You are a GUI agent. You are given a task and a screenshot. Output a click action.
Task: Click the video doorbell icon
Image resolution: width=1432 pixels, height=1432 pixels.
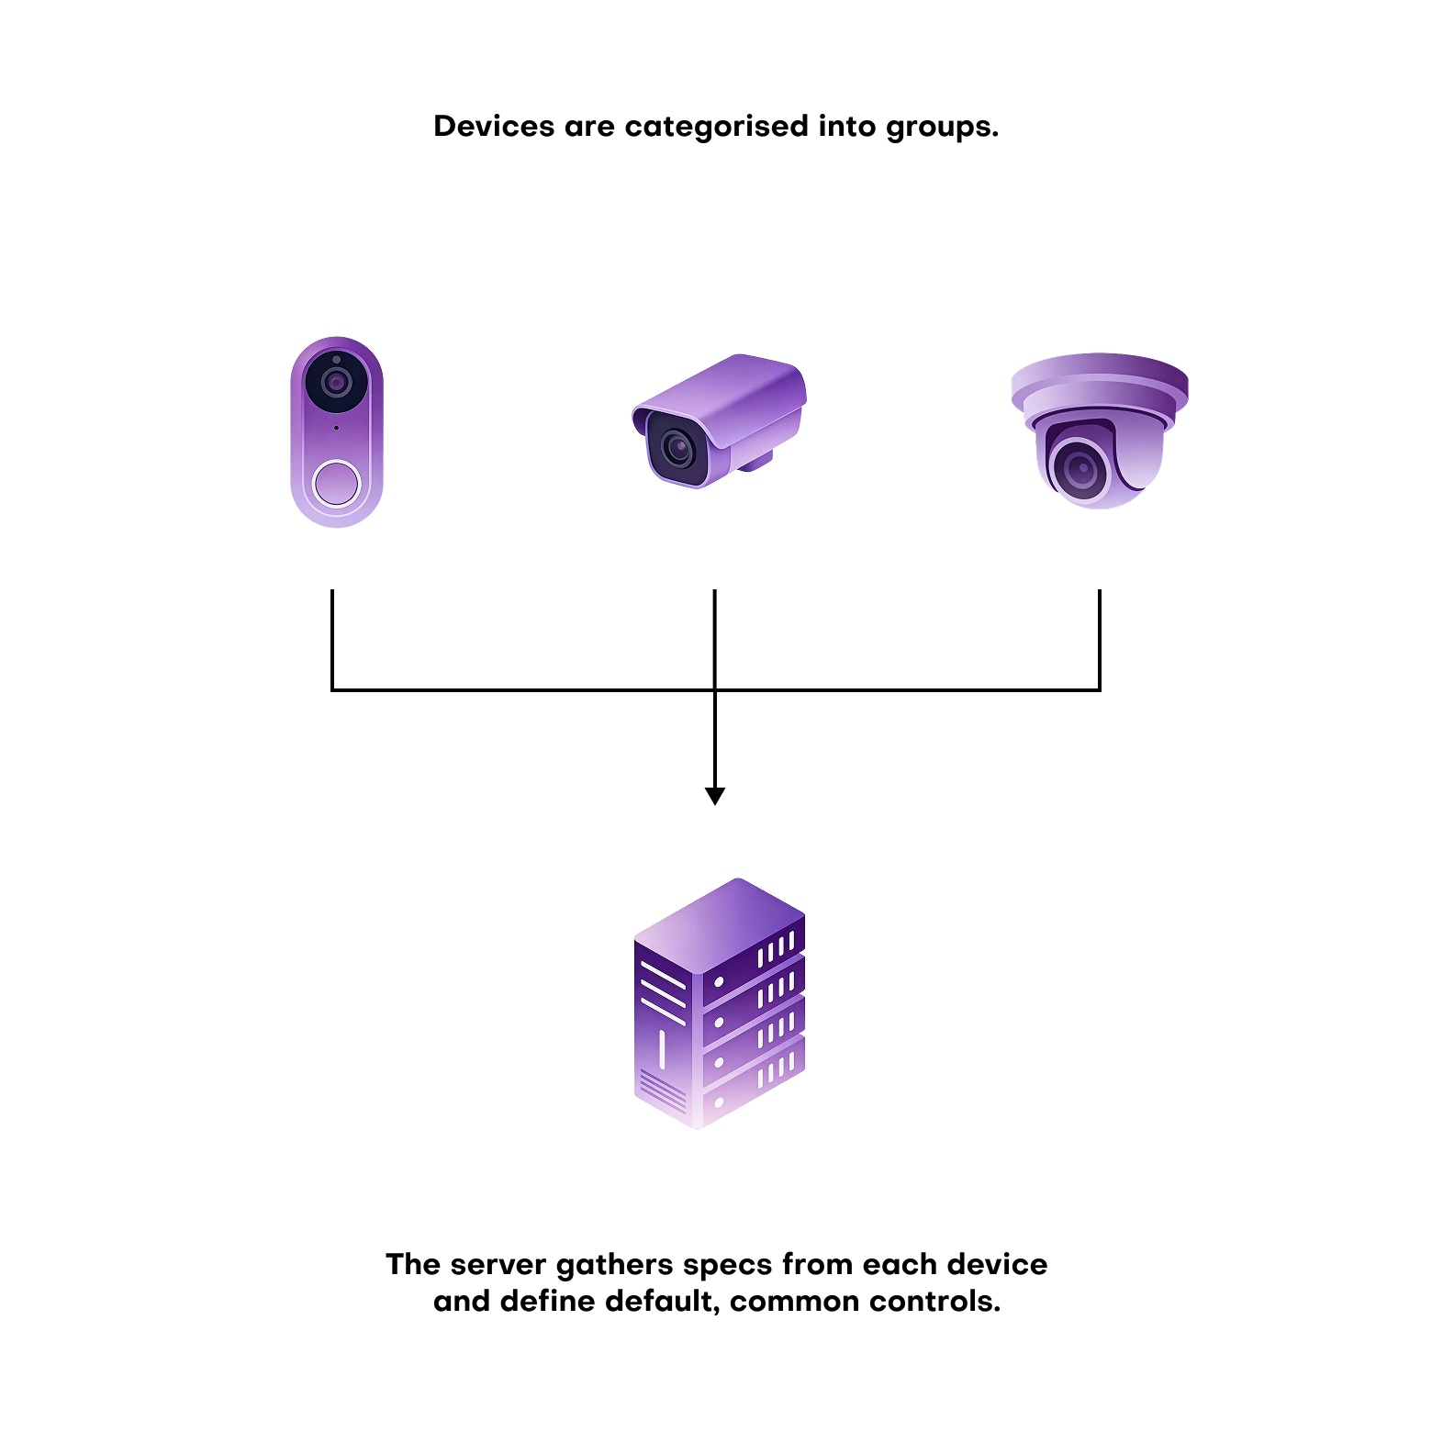[337, 431]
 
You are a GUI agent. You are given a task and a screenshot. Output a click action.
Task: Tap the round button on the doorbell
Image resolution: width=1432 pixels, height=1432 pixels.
[337, 483]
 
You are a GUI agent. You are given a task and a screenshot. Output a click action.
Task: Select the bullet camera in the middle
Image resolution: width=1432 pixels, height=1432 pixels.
[720, 420]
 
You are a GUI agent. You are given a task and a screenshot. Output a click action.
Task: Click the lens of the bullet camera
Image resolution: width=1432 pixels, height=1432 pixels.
[678, 449]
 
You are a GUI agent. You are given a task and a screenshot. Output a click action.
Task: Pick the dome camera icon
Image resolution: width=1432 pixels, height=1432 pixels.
[1099, 429]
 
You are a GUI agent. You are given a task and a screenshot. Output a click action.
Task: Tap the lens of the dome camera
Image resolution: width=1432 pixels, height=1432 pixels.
[1080, 469]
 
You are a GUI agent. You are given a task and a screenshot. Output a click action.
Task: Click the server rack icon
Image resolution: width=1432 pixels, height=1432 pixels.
[719, 1003]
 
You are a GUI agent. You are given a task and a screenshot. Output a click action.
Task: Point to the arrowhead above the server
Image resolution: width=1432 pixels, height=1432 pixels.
[715, 795]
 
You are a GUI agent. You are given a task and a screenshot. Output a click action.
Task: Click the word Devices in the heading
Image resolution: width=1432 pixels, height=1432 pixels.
[493, 127]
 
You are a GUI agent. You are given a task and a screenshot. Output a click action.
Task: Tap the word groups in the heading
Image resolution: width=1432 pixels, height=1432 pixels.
[941, 128]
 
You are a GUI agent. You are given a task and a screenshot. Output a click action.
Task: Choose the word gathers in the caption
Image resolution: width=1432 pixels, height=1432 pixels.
[615, 1265]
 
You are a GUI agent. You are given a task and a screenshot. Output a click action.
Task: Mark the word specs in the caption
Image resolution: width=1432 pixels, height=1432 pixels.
[727, 1266]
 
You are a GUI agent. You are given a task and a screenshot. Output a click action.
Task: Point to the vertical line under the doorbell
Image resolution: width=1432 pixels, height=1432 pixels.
[332, 638]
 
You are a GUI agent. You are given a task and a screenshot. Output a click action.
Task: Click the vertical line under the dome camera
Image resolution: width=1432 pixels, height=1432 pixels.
[1099, 638]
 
